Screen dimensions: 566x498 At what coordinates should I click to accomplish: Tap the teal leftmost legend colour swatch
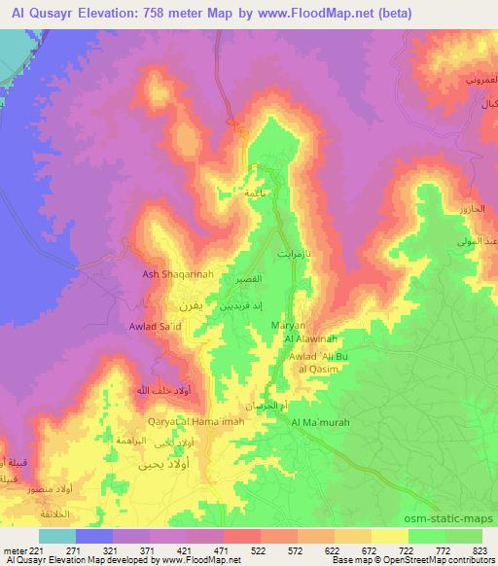click(57, 536)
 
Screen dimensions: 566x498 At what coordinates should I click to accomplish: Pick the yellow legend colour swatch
click(389, 536)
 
